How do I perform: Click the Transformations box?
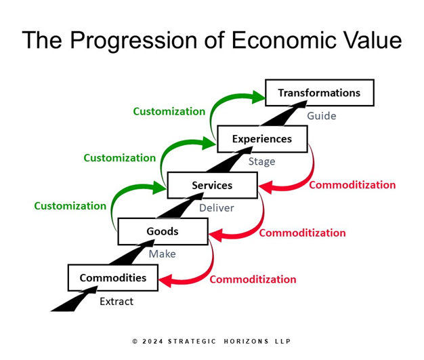(x=319, y=93)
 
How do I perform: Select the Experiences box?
(x=261, y=139)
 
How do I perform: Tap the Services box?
(x=212, y=185)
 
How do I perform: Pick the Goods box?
(x=163, y=231)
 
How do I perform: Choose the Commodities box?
(x=112, y=277)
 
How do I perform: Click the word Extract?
(x=116, y=301)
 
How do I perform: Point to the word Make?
(x=162, y=254)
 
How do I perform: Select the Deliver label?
(x=216, y=208)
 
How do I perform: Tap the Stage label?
(x=261, y=162)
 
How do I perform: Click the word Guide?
(x=321, y=116)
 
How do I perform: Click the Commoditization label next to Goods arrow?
(x=302, y=233)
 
